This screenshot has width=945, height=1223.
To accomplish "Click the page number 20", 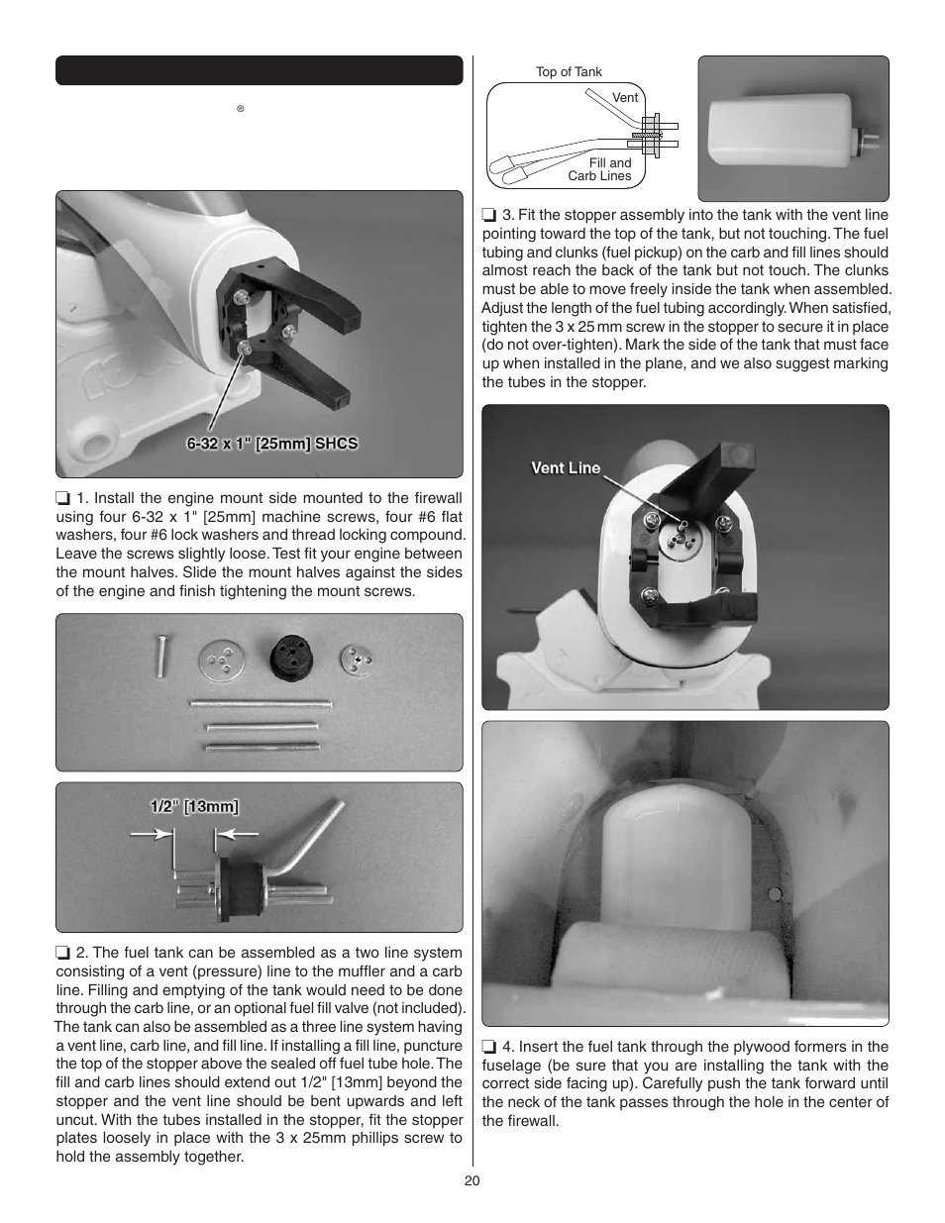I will click(x=472, y=1180).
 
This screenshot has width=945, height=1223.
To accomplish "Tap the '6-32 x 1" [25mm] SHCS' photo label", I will click(x=272, y=444).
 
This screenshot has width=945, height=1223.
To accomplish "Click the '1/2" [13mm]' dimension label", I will click(x=194, y=806).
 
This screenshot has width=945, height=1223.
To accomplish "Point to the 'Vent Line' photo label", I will click(x=566, y=468).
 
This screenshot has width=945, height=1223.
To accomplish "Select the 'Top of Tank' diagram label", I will click(x=569, y=72).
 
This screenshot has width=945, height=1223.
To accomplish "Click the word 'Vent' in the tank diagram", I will click(x=625, y=97).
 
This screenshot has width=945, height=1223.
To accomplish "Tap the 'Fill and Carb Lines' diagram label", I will click(x=600, y=169).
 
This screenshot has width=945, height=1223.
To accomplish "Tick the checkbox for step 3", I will click(x=489, y=215).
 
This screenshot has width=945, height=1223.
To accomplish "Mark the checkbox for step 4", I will click(x=489, y=1047).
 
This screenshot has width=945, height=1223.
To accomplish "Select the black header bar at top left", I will click(x=259, y=70).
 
